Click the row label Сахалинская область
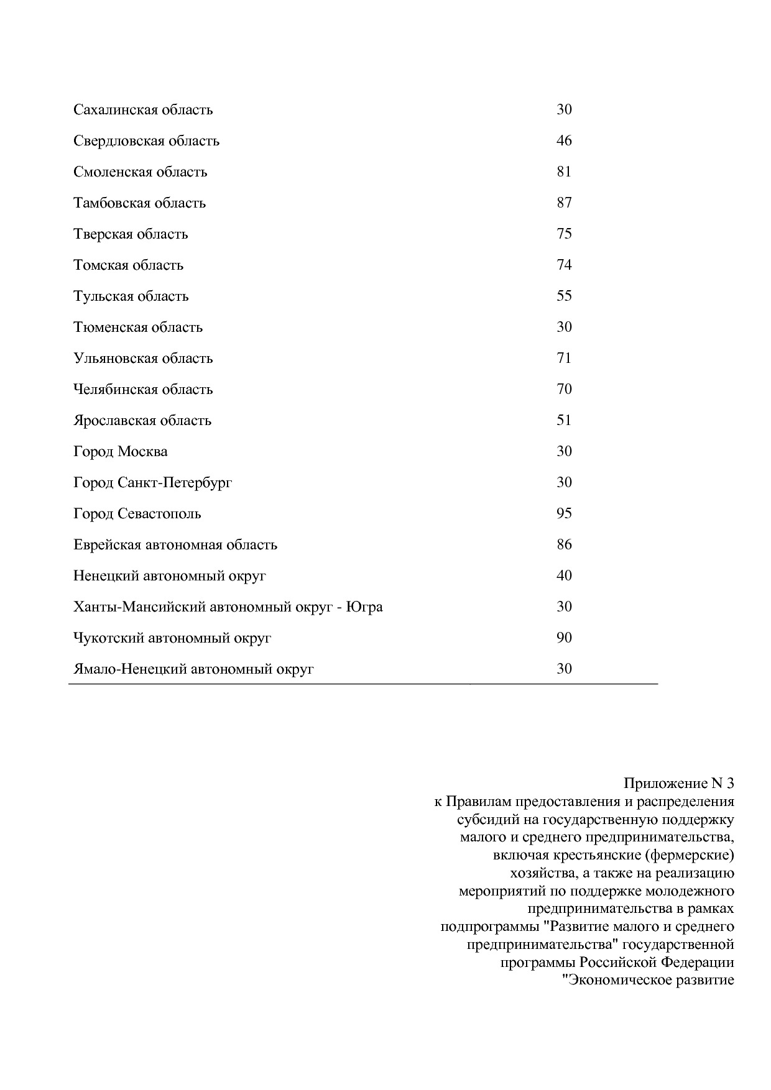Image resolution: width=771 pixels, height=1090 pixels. pos(143,110)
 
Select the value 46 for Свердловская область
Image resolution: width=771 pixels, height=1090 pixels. pos(564,140)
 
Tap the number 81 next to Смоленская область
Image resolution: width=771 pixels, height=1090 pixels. pos(564,172)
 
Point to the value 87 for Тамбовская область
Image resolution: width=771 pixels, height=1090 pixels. pos(564,203)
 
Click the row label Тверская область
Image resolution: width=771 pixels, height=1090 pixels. pos(131,234)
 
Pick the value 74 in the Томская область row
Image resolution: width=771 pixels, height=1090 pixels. pos(564,265)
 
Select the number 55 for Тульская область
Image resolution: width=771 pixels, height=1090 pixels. pos(564,296)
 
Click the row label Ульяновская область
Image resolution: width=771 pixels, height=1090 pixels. pos(143,359)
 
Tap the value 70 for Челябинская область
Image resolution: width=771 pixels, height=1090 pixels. pos(564,389)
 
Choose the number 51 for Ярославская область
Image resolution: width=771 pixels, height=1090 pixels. pos(564,420)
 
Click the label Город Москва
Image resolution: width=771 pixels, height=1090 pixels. pos(120,452)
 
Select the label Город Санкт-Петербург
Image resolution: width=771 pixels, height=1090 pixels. pos(152,483)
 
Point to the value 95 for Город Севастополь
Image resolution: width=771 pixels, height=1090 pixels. pos(564,513)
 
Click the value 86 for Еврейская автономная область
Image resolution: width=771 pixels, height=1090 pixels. pos(564,544)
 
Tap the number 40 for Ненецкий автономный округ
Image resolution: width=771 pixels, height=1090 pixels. pos(564,575)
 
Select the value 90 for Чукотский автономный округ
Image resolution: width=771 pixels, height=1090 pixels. pos(564,638)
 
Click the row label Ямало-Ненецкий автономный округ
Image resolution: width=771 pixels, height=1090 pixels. pos(193,669)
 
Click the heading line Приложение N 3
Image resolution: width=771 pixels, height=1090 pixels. pos(679,783)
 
